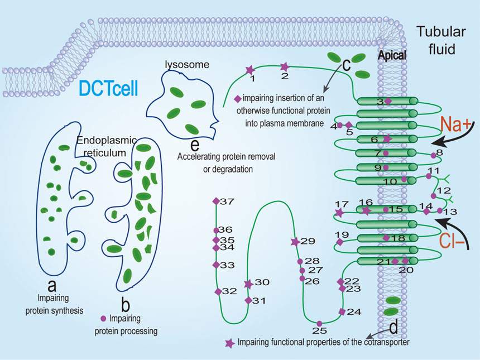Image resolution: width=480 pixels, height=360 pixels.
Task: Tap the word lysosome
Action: pos(186,65)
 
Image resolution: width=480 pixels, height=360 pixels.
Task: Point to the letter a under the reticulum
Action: pos(52,285)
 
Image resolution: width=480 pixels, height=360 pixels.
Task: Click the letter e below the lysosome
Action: pos(194,145)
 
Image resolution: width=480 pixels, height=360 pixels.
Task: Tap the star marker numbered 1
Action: pos(249,70)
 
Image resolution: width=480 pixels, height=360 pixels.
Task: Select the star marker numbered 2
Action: pos(284,66)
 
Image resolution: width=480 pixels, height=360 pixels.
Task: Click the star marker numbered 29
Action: pos(295,242)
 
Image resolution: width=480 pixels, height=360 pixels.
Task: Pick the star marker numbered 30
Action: pos(248,284)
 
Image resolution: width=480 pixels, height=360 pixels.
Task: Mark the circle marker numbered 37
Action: pos(215,201)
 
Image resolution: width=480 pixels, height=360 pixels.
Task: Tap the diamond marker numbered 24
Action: pos(342,311)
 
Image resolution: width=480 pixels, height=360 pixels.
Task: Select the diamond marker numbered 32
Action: pos(218,291)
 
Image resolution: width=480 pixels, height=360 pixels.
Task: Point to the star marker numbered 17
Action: pos(339,213)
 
